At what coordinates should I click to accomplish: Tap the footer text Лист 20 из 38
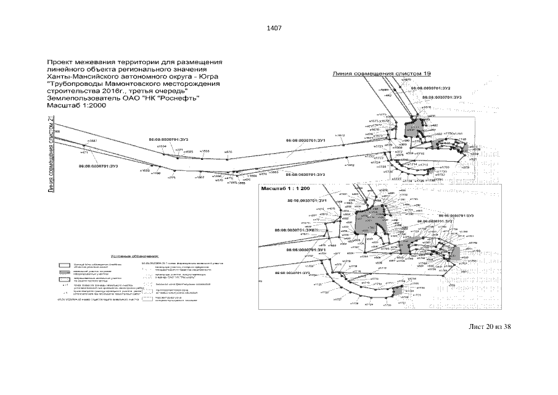[x=490, y=326]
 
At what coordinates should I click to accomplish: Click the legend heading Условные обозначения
[x=134, y=255]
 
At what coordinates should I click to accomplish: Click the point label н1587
[x=92, y=141]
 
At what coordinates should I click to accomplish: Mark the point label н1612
[x=340, y=135]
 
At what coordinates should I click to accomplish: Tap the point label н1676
[x=426, y=107]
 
